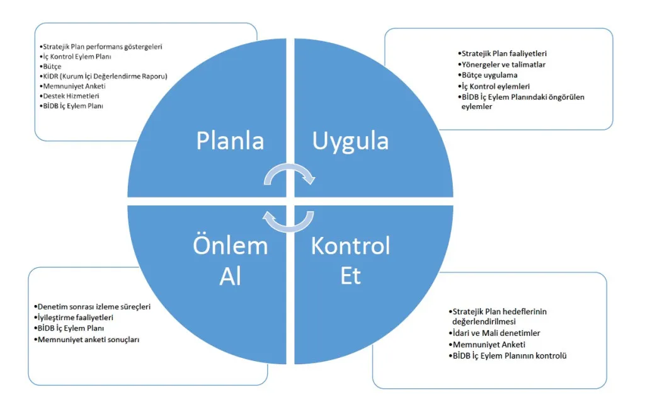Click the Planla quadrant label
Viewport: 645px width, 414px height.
tap(230, 141)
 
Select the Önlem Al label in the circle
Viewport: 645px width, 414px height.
tap(231, 260)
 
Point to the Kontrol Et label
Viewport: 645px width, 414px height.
tap(350, 260)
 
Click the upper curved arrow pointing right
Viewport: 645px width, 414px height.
tap(289, 166)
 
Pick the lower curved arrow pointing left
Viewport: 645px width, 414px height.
tap(289, 229)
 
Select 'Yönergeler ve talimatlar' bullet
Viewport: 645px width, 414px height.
tap(502, 65)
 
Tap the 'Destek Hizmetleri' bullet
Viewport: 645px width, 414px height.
tap(69, 96)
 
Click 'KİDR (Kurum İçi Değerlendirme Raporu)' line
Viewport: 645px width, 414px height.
tap(104, 76)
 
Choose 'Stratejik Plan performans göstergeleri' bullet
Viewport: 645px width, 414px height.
tap(101, 47)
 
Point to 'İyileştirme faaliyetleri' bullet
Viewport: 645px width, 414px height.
tap(74, 318)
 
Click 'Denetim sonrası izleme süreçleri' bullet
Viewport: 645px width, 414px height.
tap(93, 307)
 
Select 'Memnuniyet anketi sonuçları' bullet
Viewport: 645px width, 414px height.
tap(87, 340)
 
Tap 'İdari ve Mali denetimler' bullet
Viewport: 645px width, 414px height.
tap(494, 333)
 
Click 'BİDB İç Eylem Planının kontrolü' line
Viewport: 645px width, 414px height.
tap(508, 355)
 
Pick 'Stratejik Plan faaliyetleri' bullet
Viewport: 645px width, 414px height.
tap(502, 54)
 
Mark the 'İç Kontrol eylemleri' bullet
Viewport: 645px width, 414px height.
tap(494, 86)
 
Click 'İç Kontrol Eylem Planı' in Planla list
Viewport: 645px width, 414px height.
tap(76, 56)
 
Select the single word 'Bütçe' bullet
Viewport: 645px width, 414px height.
tap(50, 66)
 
